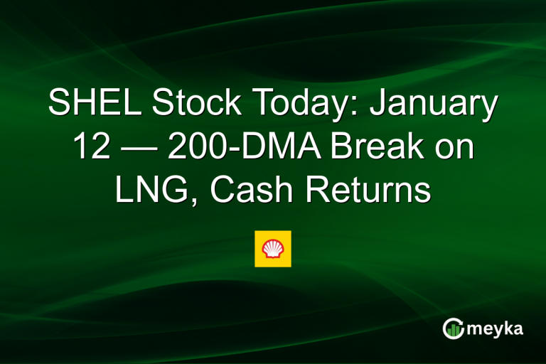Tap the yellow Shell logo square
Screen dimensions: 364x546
(x=273, y=248)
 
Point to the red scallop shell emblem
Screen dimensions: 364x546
(x=273, y=248)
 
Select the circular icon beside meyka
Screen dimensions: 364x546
(x=453, y=328)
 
